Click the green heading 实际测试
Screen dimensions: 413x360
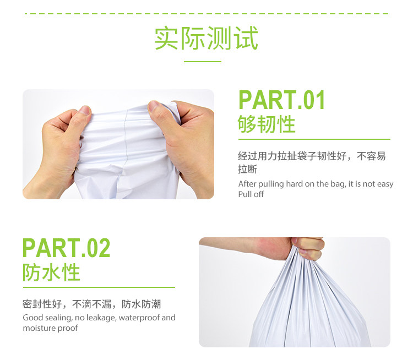pyautogui.click(x=206, y=38)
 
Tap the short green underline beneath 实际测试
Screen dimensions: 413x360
pyautogui.click(x=202, y=62)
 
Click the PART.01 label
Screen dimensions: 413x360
pyautogui.click(x=281, y=100)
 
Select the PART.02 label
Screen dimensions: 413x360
pyautogui.click(x=66, y=248)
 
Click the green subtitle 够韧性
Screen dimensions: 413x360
pyautogui.click(x=267, y=124)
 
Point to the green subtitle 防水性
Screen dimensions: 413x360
pyautogui.click(x=51, y=272)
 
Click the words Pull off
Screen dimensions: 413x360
pyautogui.click(x=251, y=194)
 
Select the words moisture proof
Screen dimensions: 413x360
pyautogui.click(x=50, y=328)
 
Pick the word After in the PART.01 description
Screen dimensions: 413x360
pyautogui.click(x=247, y=184)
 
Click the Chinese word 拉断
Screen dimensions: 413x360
pyautogui.click(x=248, y=169)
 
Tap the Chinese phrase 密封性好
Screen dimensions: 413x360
pyautogui.click(x=42, y=304)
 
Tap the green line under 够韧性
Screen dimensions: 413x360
pyautogui.click(x=314, y=139)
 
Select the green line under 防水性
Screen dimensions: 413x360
pyautogui.click(x=99, y=287)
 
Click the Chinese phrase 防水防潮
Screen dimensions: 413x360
pyautogui.click(x=141, y=304)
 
